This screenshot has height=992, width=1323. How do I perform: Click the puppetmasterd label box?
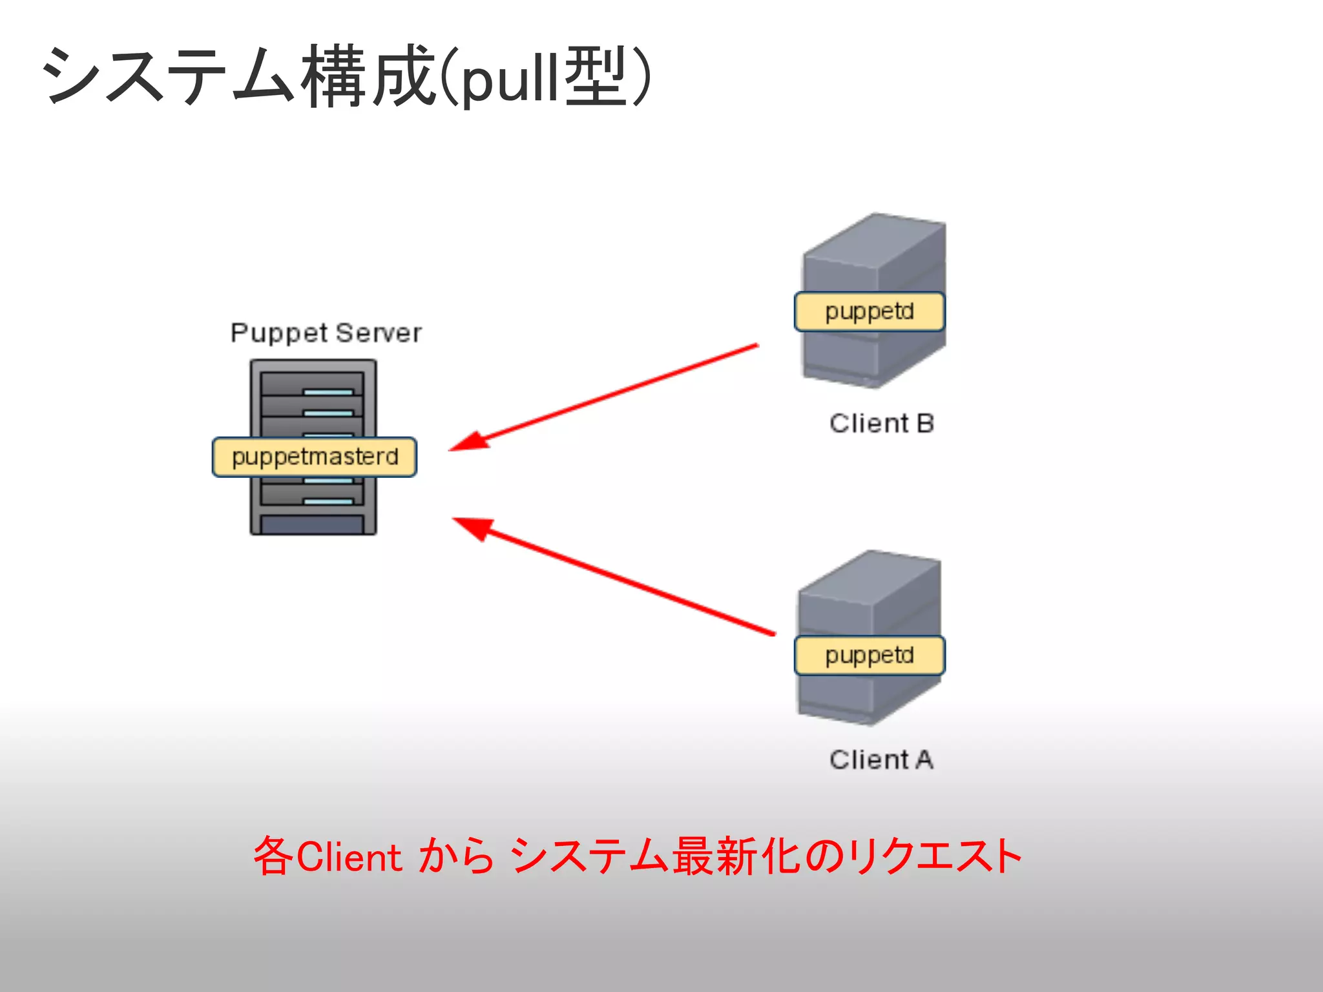click(315, 457)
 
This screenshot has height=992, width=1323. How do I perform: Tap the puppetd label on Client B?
click(870, 312)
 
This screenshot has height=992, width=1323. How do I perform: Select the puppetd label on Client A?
click(870, 656)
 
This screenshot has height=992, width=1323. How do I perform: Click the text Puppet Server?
click(326, 333)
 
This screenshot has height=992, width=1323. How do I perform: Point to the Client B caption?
click(882, 424)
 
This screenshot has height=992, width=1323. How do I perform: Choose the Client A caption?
click(882, 759)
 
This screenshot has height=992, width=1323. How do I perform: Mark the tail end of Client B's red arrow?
click(756, 346)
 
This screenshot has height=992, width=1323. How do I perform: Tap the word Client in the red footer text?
click(349, 858)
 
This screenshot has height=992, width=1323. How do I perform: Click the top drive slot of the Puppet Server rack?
click(313, 384)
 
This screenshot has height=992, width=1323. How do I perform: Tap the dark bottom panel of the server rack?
click(313, 524)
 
